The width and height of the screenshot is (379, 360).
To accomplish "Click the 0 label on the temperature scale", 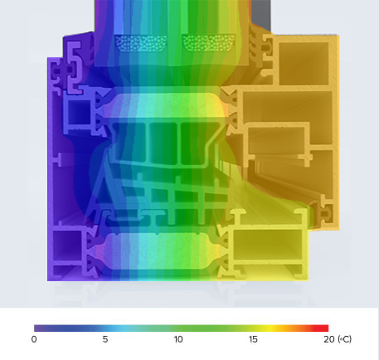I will (34, 340).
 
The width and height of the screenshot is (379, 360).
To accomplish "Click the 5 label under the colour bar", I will (105, 340).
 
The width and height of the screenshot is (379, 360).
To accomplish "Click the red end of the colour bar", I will (325, 328).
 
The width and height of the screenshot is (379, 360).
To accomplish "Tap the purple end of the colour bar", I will (38, 328).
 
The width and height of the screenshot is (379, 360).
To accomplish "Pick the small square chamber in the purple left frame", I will (78, 115).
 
